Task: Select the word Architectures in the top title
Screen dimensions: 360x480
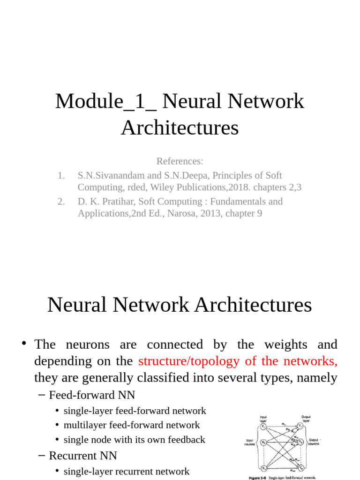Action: (180, 127)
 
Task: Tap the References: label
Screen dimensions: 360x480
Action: (180, 161)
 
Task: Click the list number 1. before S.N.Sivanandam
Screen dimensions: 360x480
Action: (61, 175)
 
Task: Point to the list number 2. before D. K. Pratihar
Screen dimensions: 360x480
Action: (61, 202)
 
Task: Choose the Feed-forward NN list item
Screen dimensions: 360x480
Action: (92, 395)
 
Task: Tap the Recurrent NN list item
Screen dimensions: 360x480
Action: (83, 455)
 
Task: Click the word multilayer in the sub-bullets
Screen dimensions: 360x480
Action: (84, 425)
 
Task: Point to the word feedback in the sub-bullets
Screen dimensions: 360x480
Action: (185, 440)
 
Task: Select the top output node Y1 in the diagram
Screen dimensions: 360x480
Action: (300, 426)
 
